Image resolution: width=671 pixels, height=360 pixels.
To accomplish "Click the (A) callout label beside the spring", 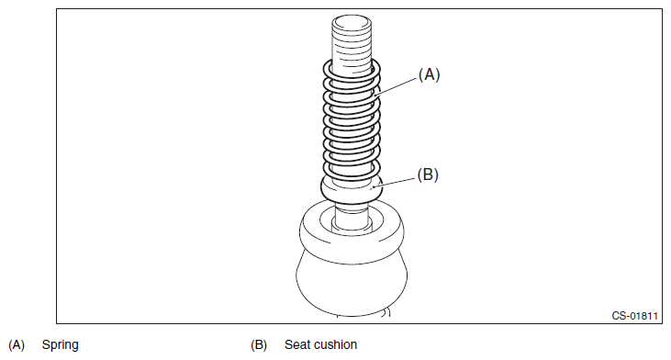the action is (429, 74).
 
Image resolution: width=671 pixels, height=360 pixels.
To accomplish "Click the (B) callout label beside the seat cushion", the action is (428, 174).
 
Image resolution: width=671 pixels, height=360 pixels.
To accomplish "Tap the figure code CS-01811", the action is (634, 316).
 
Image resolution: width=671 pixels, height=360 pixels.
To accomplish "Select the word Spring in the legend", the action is (61, 345).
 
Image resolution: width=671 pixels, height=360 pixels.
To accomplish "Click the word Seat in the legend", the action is (297, 344).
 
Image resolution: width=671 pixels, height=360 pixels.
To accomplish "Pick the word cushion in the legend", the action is (336, 344).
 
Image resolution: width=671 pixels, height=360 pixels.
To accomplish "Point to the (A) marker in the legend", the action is (17, 345).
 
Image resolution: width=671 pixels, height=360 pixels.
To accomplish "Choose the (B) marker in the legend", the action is (259, 345).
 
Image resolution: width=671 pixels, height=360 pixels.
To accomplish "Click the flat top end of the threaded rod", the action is (352, 21).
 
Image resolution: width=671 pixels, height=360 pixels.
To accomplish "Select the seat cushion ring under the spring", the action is (352, 190).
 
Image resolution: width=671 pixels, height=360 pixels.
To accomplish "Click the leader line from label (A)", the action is (396, 86).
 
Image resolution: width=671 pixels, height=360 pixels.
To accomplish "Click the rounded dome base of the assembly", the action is (352, 283).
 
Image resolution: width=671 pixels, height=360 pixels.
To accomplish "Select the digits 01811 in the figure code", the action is (644, 316).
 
